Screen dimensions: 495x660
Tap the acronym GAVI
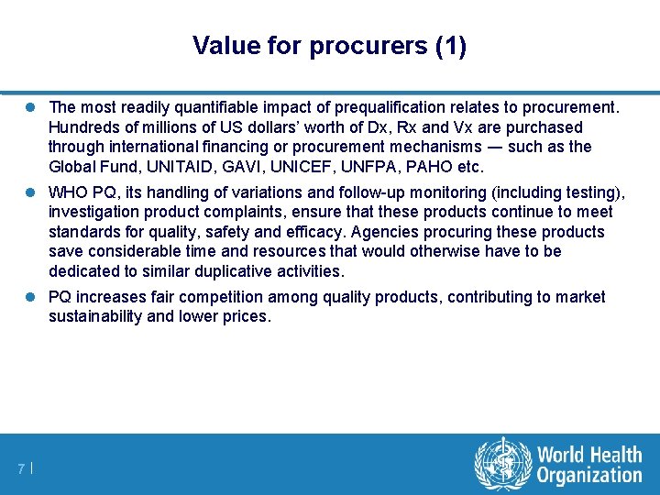[x=238, y=167]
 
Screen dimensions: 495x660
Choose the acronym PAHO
[x=431, y=167]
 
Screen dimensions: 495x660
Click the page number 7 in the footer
[x=20, y=469]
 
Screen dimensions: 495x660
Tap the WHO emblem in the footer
[x=502, y=463]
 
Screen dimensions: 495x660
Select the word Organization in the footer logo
[x=589, y=475]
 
